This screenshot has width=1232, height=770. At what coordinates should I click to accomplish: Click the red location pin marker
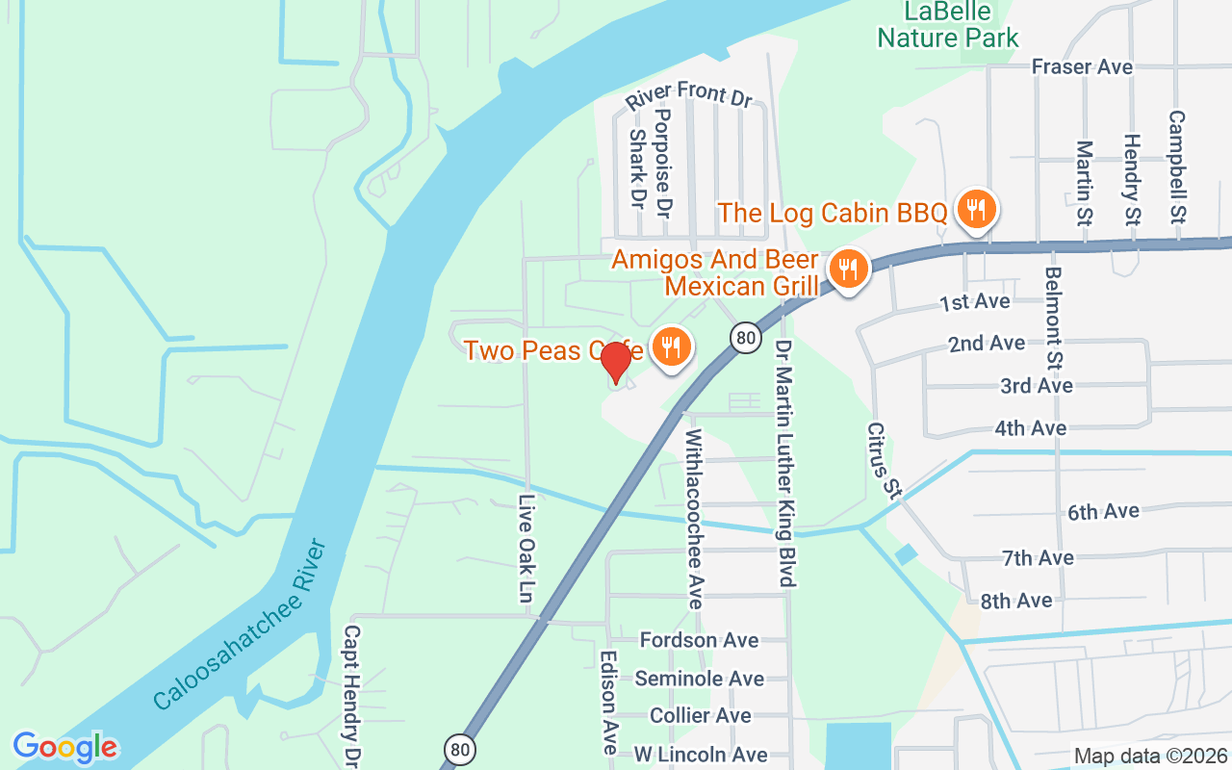coord(615,363)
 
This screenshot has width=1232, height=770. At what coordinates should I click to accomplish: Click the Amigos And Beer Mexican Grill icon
coord(847,269)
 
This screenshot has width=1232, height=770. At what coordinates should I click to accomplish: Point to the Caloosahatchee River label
coord(241,626)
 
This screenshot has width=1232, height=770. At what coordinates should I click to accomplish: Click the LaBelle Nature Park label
coord(948,25)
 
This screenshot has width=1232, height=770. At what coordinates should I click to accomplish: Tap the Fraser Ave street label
coord(1082,66)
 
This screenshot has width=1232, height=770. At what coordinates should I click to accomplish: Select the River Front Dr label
coord(688,95)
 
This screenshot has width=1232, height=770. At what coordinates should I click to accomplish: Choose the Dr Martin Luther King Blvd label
coord(784,463)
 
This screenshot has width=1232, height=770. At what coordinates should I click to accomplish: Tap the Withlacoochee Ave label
coord(694,520)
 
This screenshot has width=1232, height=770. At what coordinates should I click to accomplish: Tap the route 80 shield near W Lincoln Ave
coord(459,748)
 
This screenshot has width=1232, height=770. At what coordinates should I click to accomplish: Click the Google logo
coord(64,747)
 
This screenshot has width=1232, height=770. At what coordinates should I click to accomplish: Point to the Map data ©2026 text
coord(1150,757)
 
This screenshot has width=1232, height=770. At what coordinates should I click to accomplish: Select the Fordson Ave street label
coord(700,640)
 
